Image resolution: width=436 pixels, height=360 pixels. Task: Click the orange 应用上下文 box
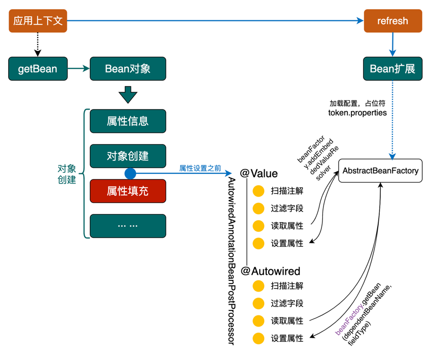pyautogui.click(x=38, y=21)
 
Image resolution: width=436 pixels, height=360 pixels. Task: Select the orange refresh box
pyautogui.click(x=393, y=21)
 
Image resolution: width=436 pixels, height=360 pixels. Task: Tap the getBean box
pyautogui.click(x=38, y=68)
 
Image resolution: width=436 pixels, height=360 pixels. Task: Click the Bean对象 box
pyautogui.click(x=128, y=68)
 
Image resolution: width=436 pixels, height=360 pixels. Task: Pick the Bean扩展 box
pyautogui.click(x=393, y=68)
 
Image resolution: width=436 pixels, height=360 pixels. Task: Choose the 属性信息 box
pyautogui.click(x=128, y=121)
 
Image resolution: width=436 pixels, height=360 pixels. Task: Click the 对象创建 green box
pyautogui.click(x=128, y=156)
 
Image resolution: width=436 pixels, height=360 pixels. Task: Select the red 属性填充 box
pyautogui.click(x=128, y=191)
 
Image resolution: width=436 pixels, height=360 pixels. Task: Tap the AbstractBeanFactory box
pyautogui.click(x=381, y=171)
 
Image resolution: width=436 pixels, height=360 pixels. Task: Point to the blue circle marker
pyautogui.click(x=130, y=173)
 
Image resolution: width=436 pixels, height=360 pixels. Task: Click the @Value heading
pyautogui.click(x=259, y=173)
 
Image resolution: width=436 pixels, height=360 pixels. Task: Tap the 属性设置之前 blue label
pyautogui.click(x=200, y=168)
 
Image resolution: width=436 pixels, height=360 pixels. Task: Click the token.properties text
pyautogui.click(x=357, y=113)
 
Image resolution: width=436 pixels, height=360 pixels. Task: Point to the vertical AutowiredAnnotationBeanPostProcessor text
pyautogui.click(x=231, y=261)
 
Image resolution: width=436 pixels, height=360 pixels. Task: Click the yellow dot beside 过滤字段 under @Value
pyautogui.click(x=259, y=208)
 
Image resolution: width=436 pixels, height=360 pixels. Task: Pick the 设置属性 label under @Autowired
pyautogui.click(x=287, y=338)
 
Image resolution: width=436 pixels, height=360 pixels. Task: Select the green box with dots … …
pyautogui.click(x=128, y=226)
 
